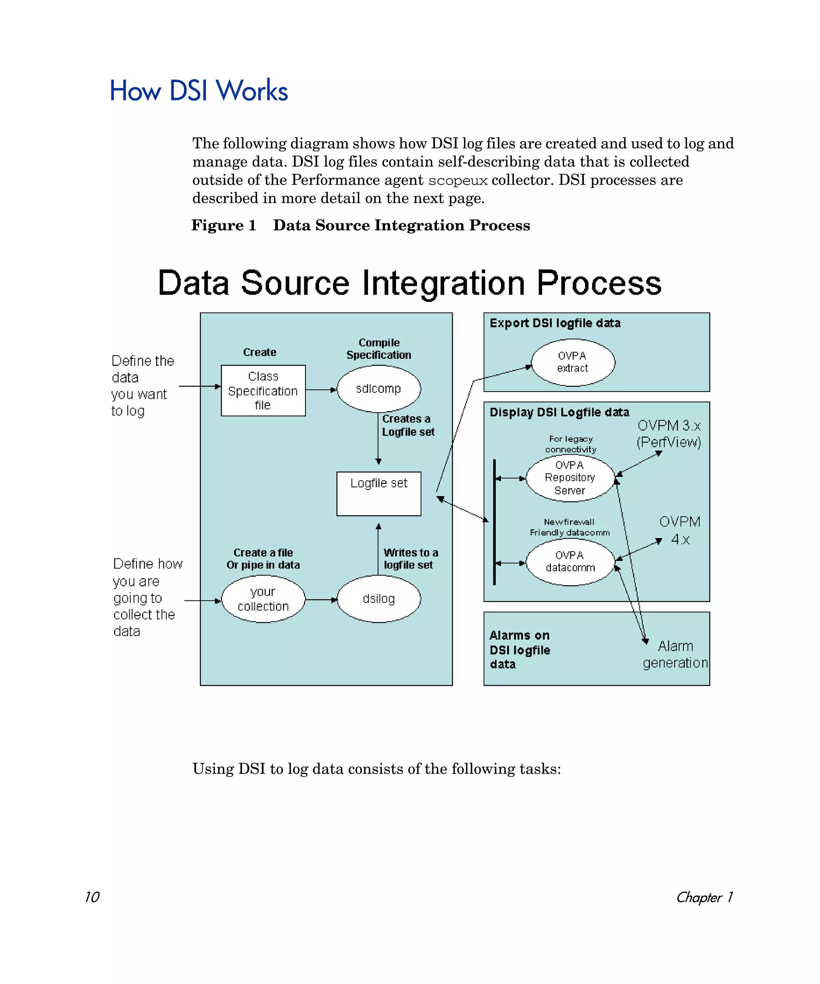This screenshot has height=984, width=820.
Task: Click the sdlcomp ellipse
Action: click(x=379, y=389)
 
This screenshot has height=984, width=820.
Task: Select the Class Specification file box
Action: click(x=263, y=390)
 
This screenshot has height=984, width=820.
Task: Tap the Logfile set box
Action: click(x=379, y=494)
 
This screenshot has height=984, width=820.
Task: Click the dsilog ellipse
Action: click(x=379, y=599)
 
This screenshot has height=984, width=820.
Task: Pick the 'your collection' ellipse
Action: click(x=263, y=599)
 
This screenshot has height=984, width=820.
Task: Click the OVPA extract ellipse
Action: click(x=573, y=362)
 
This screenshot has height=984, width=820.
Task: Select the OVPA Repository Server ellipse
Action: click(x=570, y=478)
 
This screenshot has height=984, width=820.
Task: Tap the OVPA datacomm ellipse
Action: click(x=570, y=561)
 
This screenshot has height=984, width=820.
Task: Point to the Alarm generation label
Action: click(x=675, y=654)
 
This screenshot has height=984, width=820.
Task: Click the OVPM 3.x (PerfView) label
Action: click(x=669, y=434)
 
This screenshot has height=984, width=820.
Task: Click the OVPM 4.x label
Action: click(x=679, y=530)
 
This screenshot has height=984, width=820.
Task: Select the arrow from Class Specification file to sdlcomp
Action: click(x=321, y=390)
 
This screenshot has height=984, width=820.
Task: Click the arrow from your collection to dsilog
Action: click(x=321, y=599)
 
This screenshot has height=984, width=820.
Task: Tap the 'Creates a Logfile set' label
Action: click(x=408, y=425)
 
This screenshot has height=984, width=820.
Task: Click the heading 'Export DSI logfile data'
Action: click(x=555, y=323)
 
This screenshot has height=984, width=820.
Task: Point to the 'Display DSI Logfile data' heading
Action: click(x=559, y=412)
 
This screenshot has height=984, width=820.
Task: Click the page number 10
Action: click(x=92, y=896)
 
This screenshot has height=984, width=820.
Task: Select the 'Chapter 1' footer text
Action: click(x=704, y=897)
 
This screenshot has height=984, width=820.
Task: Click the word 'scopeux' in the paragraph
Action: click(x=457, y=181)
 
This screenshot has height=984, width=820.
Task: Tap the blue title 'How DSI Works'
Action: click(x=199, y=90)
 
